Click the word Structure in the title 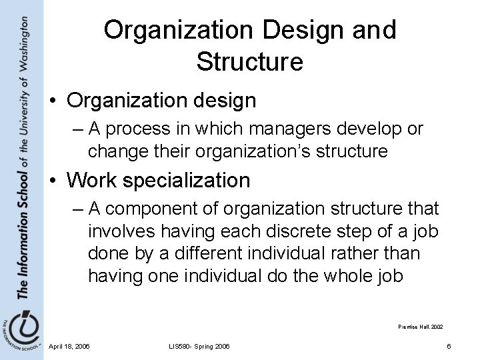(x=250, y=62)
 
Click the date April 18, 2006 (x=70, y=346)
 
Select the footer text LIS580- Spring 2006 (x=199, y=346)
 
